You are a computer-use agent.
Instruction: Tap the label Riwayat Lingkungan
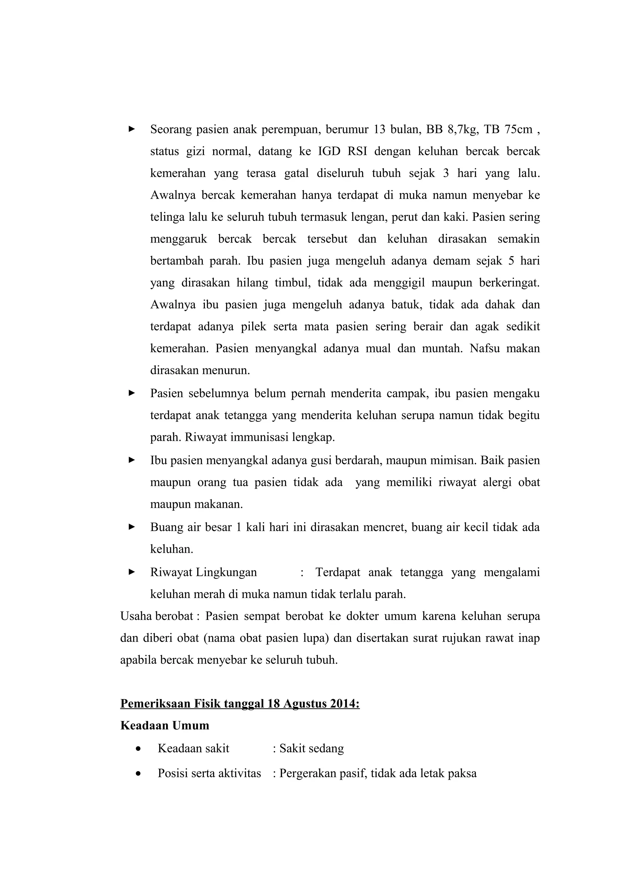(203, 572)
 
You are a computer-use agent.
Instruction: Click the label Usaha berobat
(157, 616)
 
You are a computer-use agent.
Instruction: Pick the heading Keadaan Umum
(165, 725)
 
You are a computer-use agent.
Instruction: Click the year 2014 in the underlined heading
(343, 703)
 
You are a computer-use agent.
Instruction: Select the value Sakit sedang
(311, 748)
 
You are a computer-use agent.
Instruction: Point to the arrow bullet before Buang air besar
(132, 527)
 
